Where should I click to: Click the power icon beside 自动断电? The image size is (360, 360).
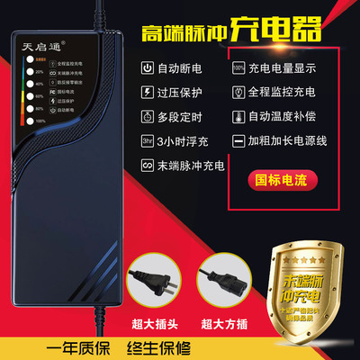pyautogui.click(x=147, y=67)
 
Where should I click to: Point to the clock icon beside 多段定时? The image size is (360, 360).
pyautogui.click(x=147, y=116)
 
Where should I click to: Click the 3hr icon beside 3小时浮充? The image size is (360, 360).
pyautogui.click(x=147, y=141)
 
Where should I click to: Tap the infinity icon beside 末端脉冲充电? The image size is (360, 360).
pyautogui.click(x=147, y=166)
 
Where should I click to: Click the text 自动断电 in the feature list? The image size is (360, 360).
pyautogui.click(x=181, y=67)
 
